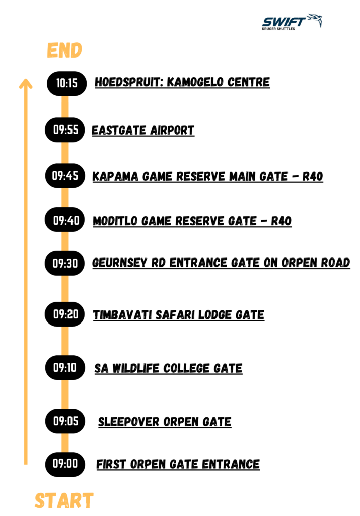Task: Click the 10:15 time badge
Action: (67, 83)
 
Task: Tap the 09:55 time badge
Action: (65, 130)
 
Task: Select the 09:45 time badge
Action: (65, 176)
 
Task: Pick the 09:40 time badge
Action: (65, 220)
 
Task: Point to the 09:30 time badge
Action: (65, 263)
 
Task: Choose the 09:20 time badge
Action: (65, 314)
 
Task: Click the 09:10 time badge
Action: (65, 367)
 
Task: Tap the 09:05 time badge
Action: (65, 421)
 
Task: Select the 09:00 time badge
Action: (65, 464)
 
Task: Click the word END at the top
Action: (64, 50)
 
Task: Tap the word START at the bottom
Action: (64, 500)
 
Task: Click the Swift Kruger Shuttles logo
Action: (292, 22)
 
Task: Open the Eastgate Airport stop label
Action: (143, 131)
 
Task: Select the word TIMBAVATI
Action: (122, 315)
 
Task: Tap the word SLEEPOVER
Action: (129, 422)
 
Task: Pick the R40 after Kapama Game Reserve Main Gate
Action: (313, 177)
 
